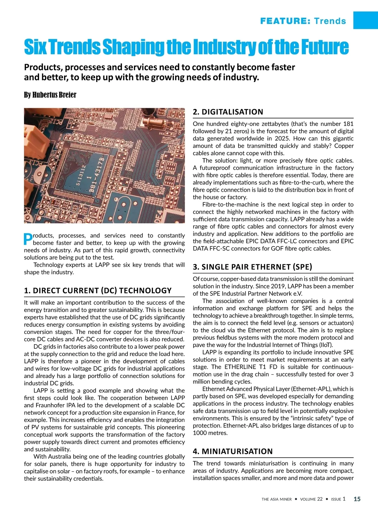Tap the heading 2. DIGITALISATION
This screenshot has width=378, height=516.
(x=228, y=112)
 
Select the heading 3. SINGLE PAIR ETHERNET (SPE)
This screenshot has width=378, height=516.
(x=252, y=267)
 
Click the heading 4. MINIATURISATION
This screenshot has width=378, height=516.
(x=233, y=451)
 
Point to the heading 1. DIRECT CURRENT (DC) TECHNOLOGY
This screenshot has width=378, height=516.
(x=98, y=290)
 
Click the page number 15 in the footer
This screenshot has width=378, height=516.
(x=357, y=499)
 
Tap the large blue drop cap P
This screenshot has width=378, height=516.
(x=28, y=239)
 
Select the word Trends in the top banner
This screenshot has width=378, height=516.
(x=330, y=21)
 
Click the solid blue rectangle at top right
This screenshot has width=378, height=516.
(x=365, y=20)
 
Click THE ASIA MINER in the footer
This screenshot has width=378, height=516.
(x=277, y=499)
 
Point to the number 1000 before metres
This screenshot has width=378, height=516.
(x=200, y=433)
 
